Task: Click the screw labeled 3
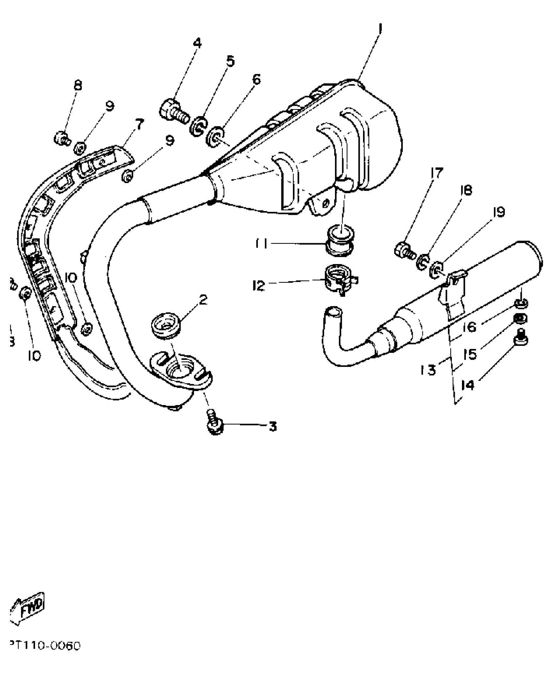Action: [x=214, y=424]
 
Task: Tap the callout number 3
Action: [x=272, y=426]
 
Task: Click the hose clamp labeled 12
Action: [x=340, y=279]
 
